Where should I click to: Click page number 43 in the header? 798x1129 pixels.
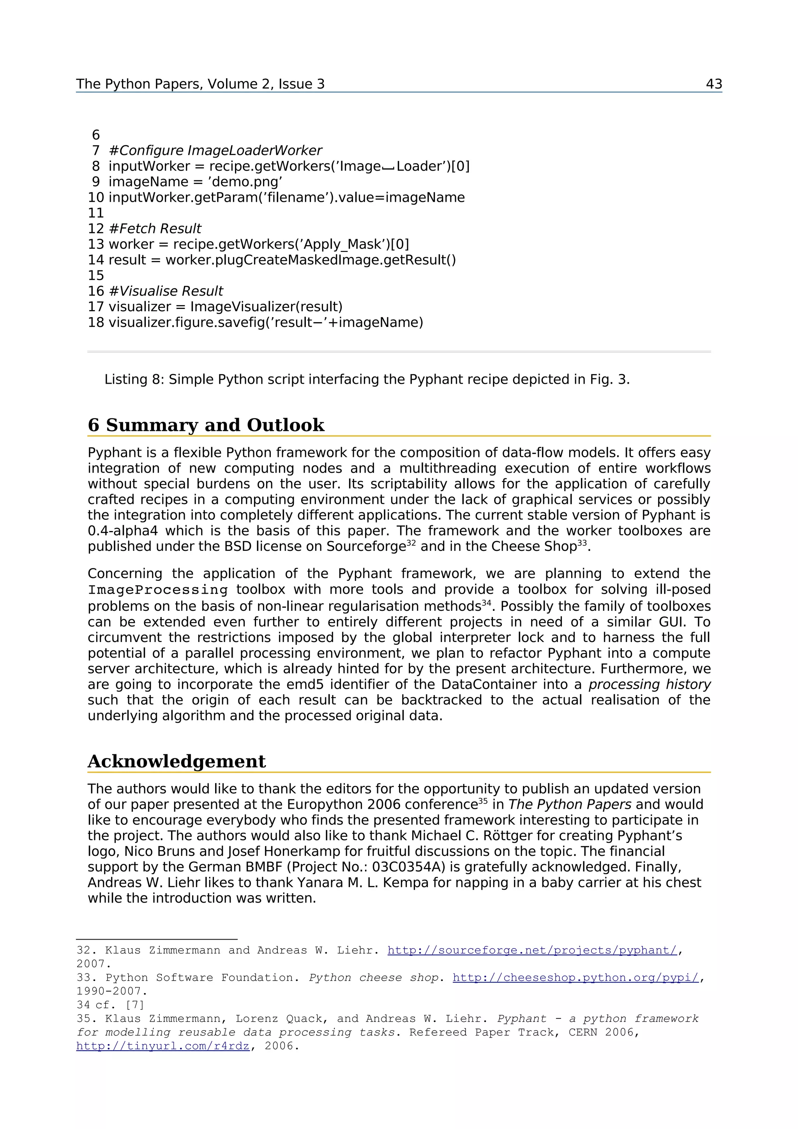pos(713,84)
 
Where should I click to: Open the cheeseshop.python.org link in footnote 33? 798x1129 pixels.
pos(575,977)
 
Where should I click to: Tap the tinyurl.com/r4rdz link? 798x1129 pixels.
pos(163,1046)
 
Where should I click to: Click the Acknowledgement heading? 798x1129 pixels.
pos(177,761)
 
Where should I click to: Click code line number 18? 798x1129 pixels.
pos(96,323)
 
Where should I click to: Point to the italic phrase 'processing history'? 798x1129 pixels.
pos(650,684)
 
